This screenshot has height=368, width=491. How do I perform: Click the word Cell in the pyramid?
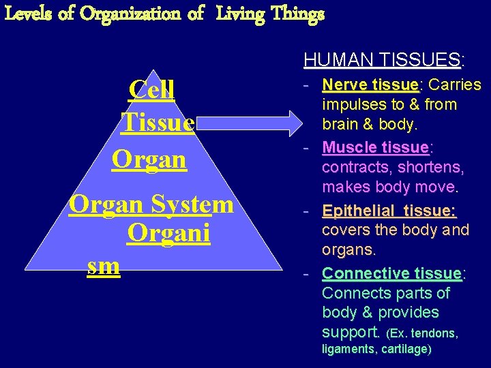(151, 89)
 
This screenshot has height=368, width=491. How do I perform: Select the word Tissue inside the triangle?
(158, 123)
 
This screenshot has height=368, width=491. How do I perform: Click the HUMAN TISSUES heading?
(383, 61)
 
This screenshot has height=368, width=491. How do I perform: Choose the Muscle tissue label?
(374, 147)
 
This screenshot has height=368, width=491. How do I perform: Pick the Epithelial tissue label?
(389, 211)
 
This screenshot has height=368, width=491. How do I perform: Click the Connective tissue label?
(392, 273)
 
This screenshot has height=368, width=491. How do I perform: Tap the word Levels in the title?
(29, 14)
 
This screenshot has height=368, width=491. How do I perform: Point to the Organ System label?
(151, 204)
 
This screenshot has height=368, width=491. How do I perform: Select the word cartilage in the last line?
(407, 349)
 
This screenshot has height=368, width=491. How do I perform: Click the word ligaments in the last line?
(347, 349)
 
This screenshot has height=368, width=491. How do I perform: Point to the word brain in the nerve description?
(342, 125)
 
